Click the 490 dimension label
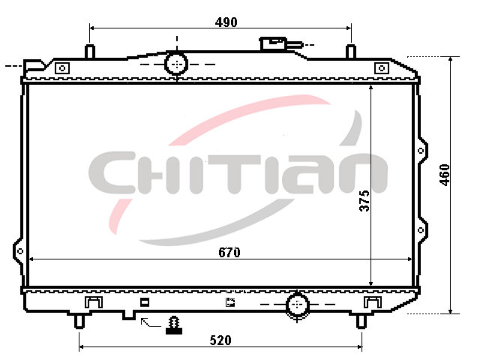[x=226, y=22]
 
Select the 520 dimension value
[x=220, y=340]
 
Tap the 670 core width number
[x=229, y=252]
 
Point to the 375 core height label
[x=364, y=201]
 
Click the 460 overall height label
[x=445, y=175]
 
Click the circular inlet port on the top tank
[x=176, y=64]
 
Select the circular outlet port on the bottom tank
[x=297, y=304]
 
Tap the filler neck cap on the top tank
[x=273, y=43]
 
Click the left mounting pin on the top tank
[x=90, y=51]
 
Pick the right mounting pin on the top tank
[x=351, y=51]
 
